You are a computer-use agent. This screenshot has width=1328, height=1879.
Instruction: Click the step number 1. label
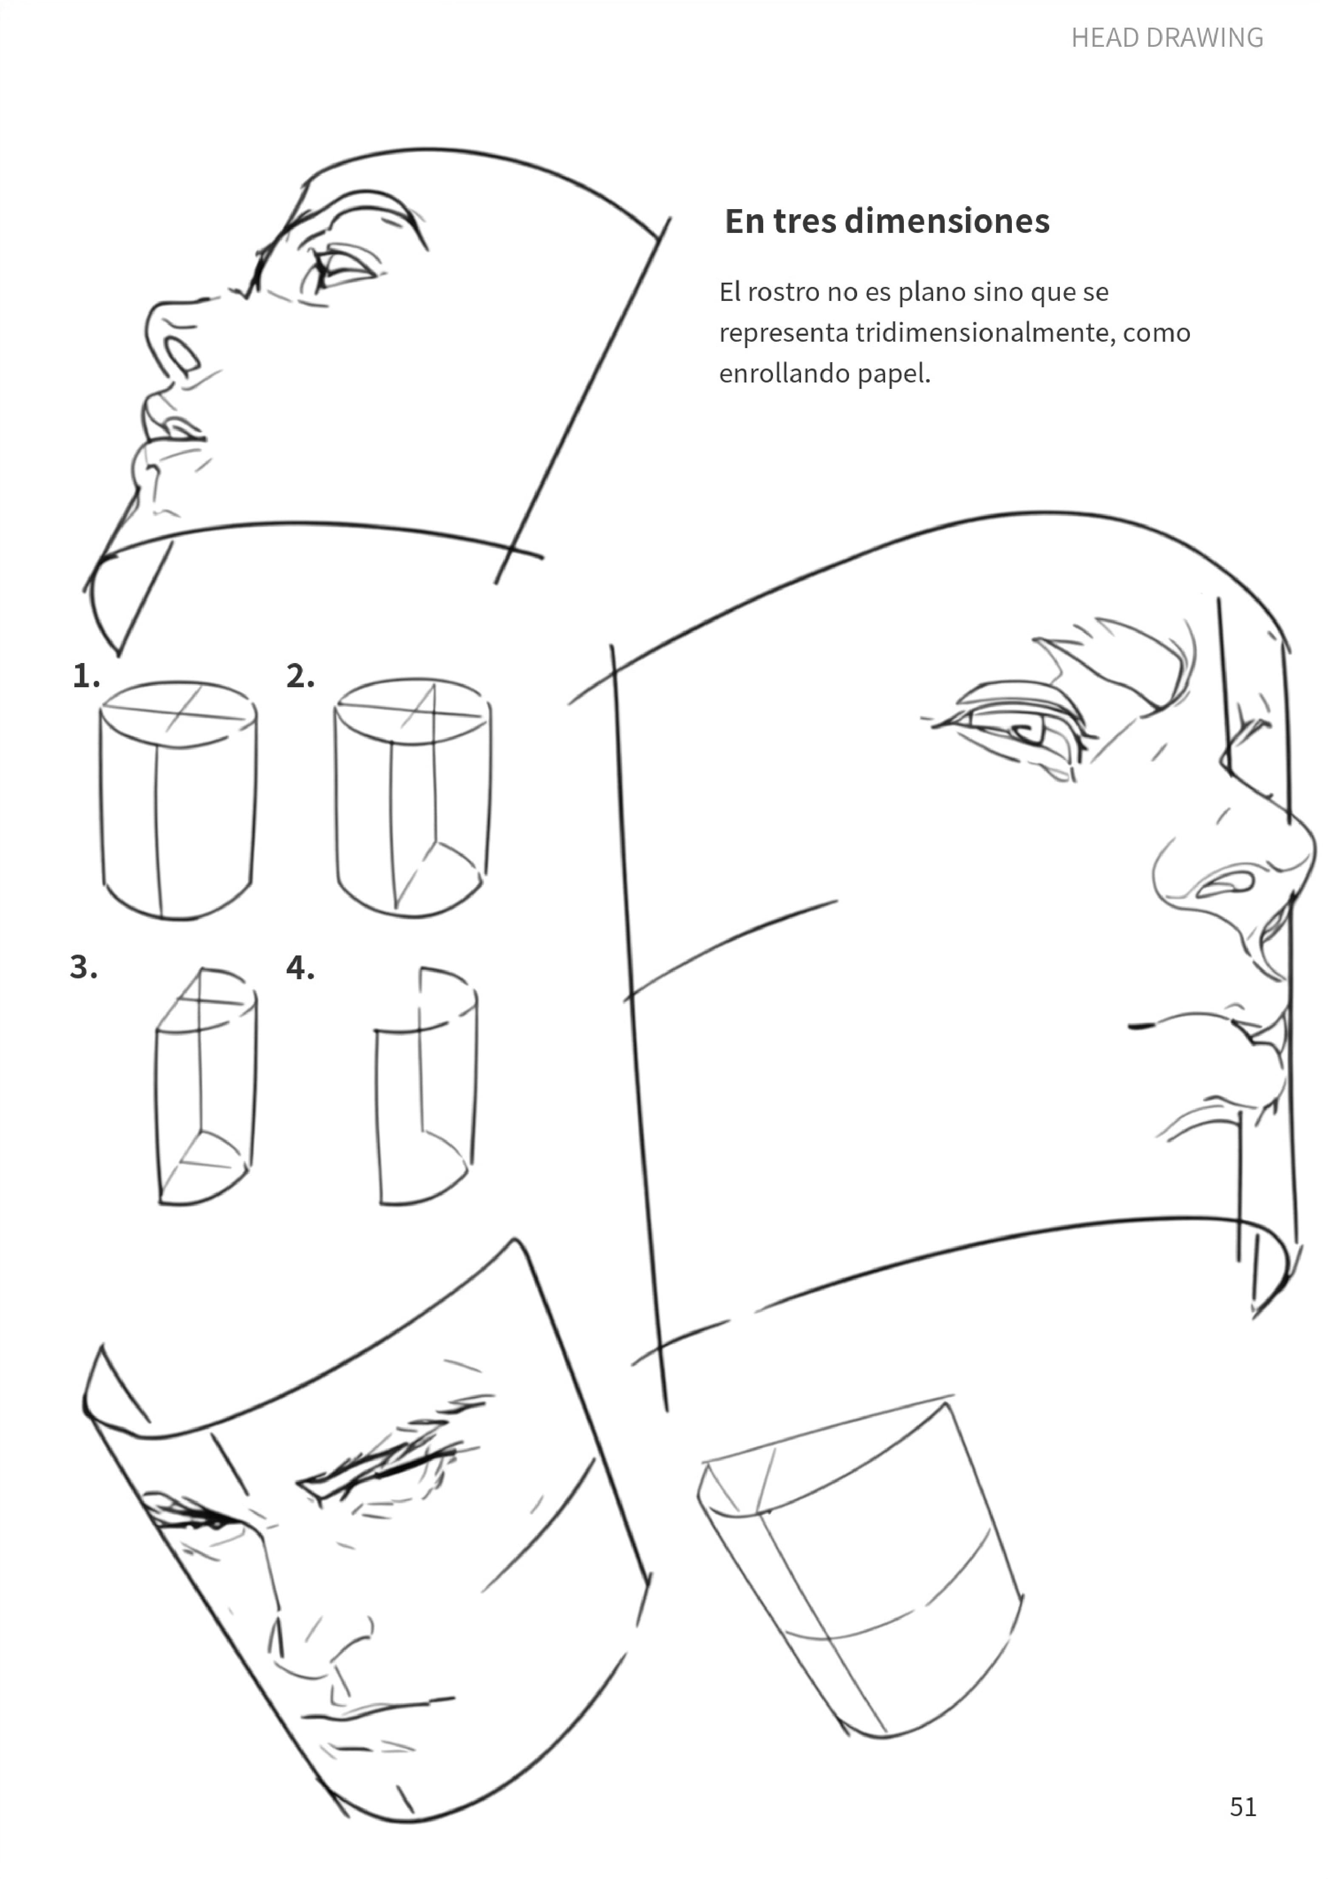[x=86, y=676]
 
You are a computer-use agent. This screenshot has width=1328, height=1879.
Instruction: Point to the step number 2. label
[x=300, y=676]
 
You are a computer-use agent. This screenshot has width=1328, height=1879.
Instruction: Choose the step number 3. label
[x=83, y=966]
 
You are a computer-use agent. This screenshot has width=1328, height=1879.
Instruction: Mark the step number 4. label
[x=300, y=967]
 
